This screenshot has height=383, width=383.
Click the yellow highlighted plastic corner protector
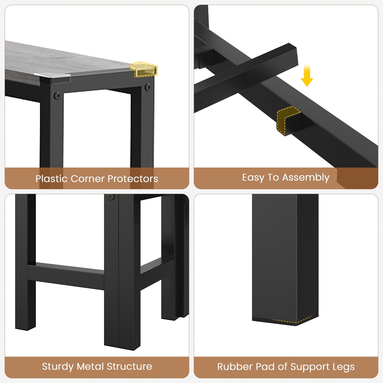click(x=143, y=69)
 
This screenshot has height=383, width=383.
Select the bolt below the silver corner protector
click(x=57, y=95)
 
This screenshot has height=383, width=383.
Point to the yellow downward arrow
click(x=307, y=75)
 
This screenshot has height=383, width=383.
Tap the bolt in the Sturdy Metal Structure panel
click(x=111, y=197)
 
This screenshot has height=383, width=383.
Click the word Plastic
click(x=52, y=178)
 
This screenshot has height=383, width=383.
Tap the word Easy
click(x=253, y=178)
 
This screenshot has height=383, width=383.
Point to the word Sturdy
click(x=58, y=367)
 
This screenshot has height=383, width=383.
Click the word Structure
click(x=129, y=367)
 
